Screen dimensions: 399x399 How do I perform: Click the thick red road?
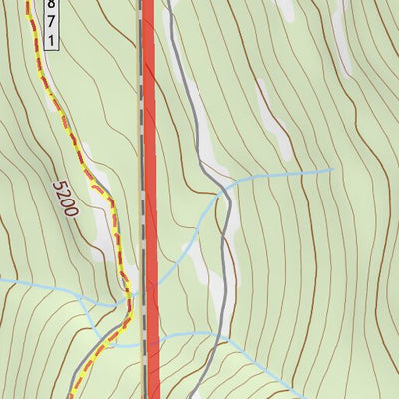(150, 150)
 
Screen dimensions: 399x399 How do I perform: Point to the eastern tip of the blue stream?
(331, 170)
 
